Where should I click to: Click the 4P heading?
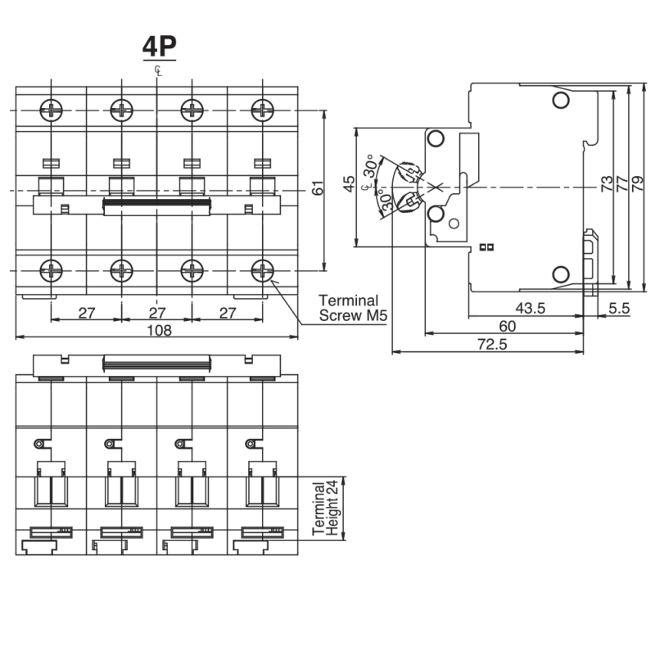[x=159, y=46]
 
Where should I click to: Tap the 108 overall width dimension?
[x=159, y=331]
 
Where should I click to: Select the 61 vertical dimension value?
[x=318, y=188]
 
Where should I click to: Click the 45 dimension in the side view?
[x=349, y=183]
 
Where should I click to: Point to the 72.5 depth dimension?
[x=492, y=344]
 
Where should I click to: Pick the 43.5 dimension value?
[x=530, y=309]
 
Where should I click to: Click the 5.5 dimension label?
[x=619, y=309]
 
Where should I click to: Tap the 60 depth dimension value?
[x=507, y=326]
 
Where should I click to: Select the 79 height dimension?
[x=638, y=183]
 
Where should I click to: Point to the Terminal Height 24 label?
[x=325, y=508]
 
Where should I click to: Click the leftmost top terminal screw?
[x=51, y=111]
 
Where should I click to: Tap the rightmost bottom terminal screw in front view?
[x=262, y=271]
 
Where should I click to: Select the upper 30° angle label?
[x=370, y=167]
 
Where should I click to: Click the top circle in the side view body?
[x=561, y=100]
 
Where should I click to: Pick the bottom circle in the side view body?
[x=561, y=274]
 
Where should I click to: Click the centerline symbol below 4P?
[x=158, y=70]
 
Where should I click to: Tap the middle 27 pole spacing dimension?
[x=157, y=313]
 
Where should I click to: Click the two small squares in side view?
[x=486, y=247]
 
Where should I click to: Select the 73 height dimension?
[x=607, y=183]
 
